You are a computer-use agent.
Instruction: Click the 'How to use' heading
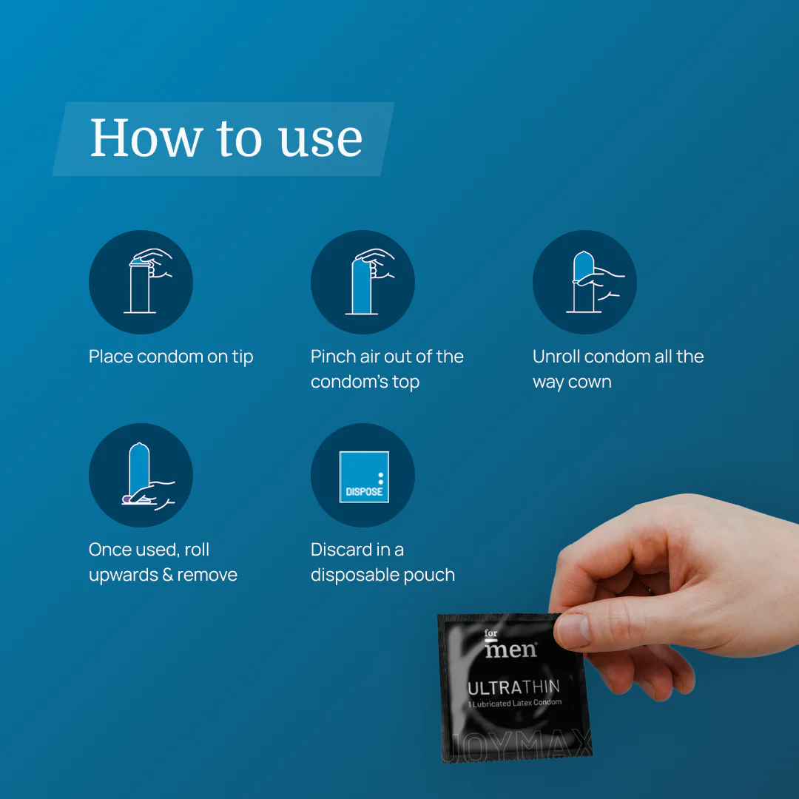pyautogui.click(x=226, y=138)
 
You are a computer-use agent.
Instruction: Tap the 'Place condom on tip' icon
pyautogui.click(x=141, y=282)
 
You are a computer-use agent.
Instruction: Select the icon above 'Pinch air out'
pyautogui.click(x=363, y=282)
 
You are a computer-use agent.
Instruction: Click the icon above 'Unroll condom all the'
pyautogui.click(x=584, y=282)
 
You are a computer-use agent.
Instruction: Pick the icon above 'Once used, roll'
pyautogui.click(x=141, y=475)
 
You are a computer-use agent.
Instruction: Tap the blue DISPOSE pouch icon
pyautogui.click(x=364, y=477)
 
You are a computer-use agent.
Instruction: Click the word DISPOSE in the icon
pyautogui.click(x=364, y=492)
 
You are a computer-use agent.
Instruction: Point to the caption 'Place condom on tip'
pyautogui.click(x=171, y=357)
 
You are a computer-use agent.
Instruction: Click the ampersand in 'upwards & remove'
pyautogui.click(x=168, y=575)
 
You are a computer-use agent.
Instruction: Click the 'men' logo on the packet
pyautogui.click(x=510, y=650)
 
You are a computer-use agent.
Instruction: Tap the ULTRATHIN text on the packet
pyautogui.click(x=513, y=687)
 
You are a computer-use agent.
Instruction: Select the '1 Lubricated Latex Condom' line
pyautogui.click(x=515, y=704)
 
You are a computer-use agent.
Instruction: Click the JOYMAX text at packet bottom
pyautogui.click(x=520, y=746)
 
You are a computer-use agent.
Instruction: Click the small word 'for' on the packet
pyautogui.click(x=490, y=633)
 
